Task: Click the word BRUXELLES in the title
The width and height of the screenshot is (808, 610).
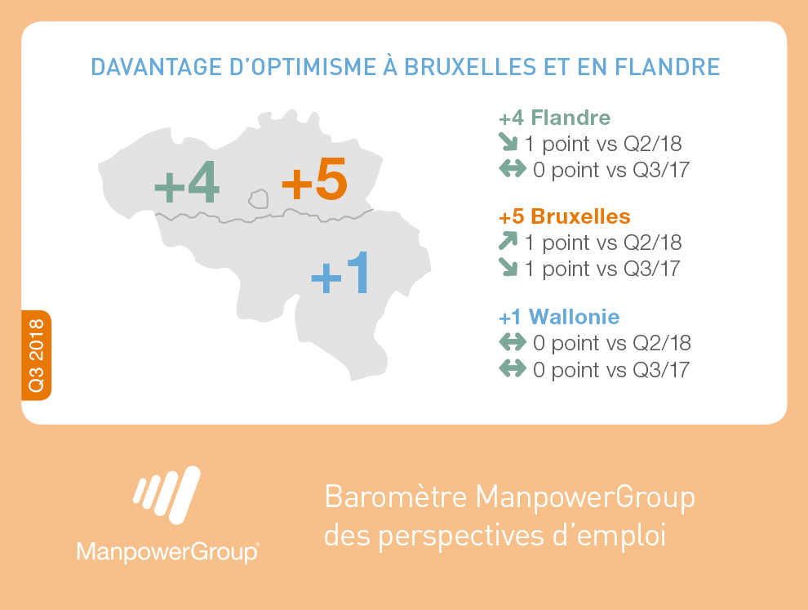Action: (x=470, y=67)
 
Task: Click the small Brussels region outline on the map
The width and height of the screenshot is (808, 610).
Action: (x=259, y=198)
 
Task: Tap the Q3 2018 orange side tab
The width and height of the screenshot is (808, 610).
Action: (x=36, y=355)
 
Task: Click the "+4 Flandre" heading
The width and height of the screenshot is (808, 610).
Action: (x=554, y=118)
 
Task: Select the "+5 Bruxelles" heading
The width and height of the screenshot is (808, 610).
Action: (x=564, y=216)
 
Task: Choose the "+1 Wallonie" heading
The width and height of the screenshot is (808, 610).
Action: (x=559, y=317)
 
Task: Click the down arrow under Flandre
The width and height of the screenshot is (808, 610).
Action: (x=508, y=142)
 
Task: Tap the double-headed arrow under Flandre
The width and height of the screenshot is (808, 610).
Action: (x=513, y=168)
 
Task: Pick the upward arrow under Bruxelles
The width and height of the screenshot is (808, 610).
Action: (x=508, y=241)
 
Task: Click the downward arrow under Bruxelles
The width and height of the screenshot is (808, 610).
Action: (x=508, y=267)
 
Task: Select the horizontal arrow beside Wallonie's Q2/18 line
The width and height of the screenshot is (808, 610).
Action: (x=513, y=341)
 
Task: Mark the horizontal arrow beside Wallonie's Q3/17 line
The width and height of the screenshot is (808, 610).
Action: (x=513, y=368)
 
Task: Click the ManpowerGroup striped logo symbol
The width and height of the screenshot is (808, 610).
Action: (x=167, y=495)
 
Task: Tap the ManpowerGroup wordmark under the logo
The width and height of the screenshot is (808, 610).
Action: (x=167, y=552)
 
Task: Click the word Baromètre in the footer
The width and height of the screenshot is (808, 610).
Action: (x=396, y=497)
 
